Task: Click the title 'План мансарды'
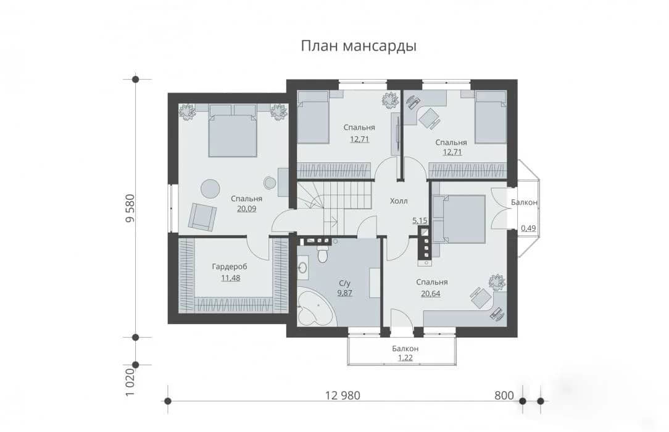click(x=359, y=46)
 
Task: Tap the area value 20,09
click(x=247, y=209)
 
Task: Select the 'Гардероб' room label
click(x=230, y=267)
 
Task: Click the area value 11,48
click(x=230, y=278)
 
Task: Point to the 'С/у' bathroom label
click(x=344, y=283)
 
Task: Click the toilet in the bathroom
click(x=323, y=255)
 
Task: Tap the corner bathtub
click(x=315, y=306)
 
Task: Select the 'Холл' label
click(x=399, y=201)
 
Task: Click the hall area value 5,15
click(x=420, y=220)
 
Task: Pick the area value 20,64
click(x=431, y=293)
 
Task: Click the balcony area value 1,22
click(x=405, y=358)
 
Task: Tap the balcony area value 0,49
click(x=528, y=228)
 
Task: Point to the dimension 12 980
click(x=343, y=396)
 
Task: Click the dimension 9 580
click(x=130, y=208)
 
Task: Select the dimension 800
click(x=504, y=396)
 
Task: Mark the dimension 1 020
click(x=130, y=382)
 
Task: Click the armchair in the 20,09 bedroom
click(x=202, y=217)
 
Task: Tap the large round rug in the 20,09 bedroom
click(x=210, y=188)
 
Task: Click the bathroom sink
click(x=302, y=267)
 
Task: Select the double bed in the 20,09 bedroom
click(x=233, y=130)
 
